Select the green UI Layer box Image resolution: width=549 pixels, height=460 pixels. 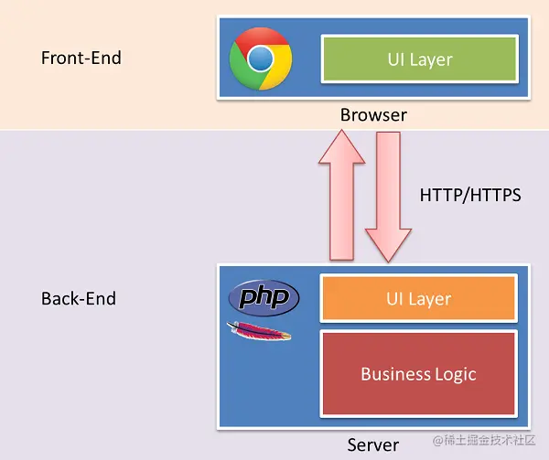point(419,60)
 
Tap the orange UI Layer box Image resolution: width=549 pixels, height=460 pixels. point(418,299)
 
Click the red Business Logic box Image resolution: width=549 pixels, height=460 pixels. point(418,373)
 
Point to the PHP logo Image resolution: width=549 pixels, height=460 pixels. point(263,298)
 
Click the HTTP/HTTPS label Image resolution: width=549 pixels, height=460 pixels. point(470,195)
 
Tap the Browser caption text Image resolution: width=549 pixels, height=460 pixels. point(373,115)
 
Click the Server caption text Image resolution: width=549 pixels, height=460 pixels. point(373,444)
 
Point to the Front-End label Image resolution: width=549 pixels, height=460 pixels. point(81,58)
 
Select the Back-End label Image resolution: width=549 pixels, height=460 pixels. point(79,299)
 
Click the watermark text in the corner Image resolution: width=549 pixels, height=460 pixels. point(484,441)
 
